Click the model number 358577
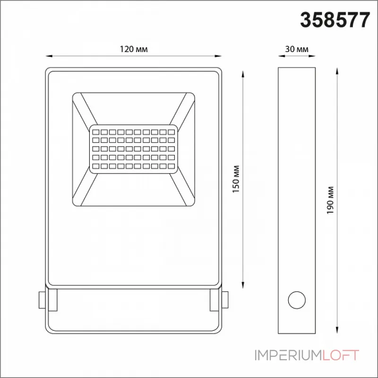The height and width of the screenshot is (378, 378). [x=335, y=20]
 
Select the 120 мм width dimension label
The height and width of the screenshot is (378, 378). [x=134, y=49]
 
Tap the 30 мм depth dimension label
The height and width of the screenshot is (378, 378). [x=297, y=49]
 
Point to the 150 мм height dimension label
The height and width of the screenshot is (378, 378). [x=236, y=179]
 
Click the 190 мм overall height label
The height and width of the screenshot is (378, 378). [x=330, y=200]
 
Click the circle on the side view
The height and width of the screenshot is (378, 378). [x=297, y=300]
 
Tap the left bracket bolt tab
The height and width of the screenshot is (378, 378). [x=42, y=300]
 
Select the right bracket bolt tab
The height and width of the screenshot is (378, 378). [x=225, y=300]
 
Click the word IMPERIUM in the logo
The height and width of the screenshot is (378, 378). [x=288, y=355]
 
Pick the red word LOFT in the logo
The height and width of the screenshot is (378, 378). [x=341, y=355]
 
